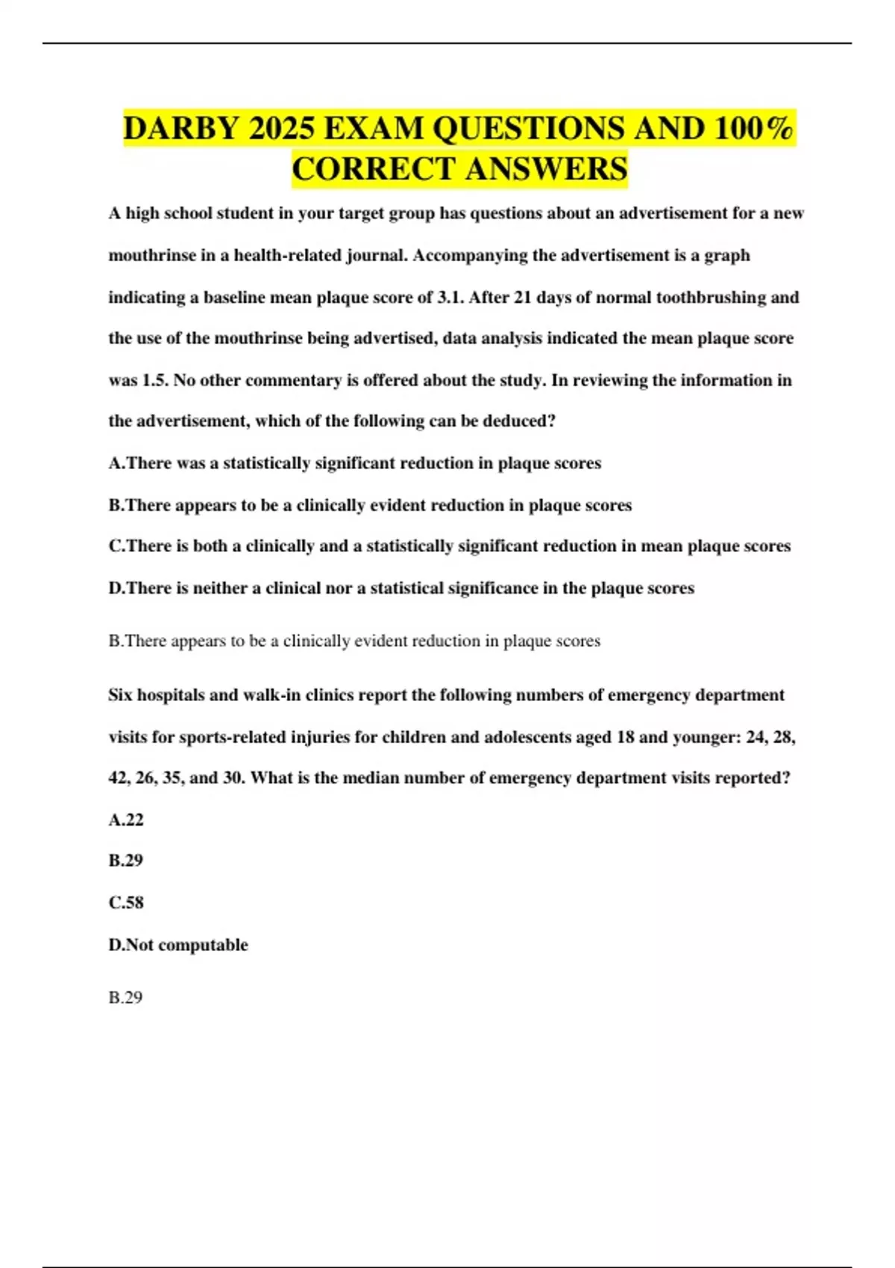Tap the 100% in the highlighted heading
click(x=753, y=129)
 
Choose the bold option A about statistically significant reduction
click(x=354, y=463)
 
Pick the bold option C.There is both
click(x=449, y=546)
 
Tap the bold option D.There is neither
click(x=401, y=588)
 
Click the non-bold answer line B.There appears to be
click(x=354, y=641)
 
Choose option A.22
click(x=126, y=820)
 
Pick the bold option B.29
click(x=126, y=861)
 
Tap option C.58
click(x=126, y=903)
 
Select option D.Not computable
click(x=178, y=945)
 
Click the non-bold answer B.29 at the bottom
click(x=125, y=998)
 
